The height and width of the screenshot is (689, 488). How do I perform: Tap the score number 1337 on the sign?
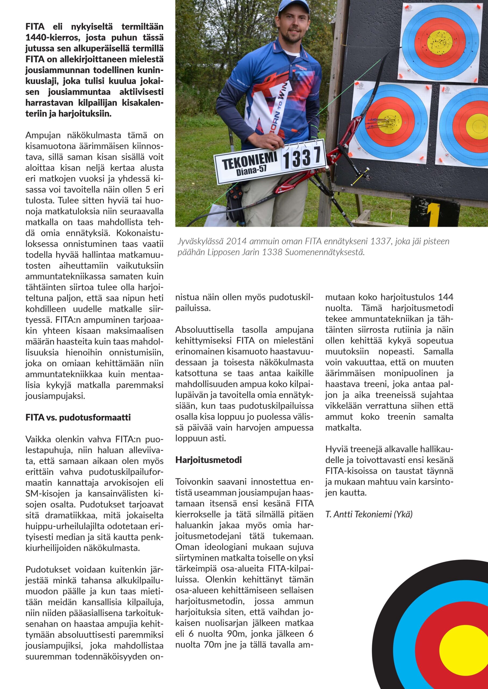[303, 157]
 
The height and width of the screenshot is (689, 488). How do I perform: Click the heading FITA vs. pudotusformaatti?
[78, 417]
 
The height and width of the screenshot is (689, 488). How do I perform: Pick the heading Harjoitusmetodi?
[208, 460]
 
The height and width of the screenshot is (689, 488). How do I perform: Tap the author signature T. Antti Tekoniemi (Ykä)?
[369, 514]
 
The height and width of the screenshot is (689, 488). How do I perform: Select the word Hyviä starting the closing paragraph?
[335, 449]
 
